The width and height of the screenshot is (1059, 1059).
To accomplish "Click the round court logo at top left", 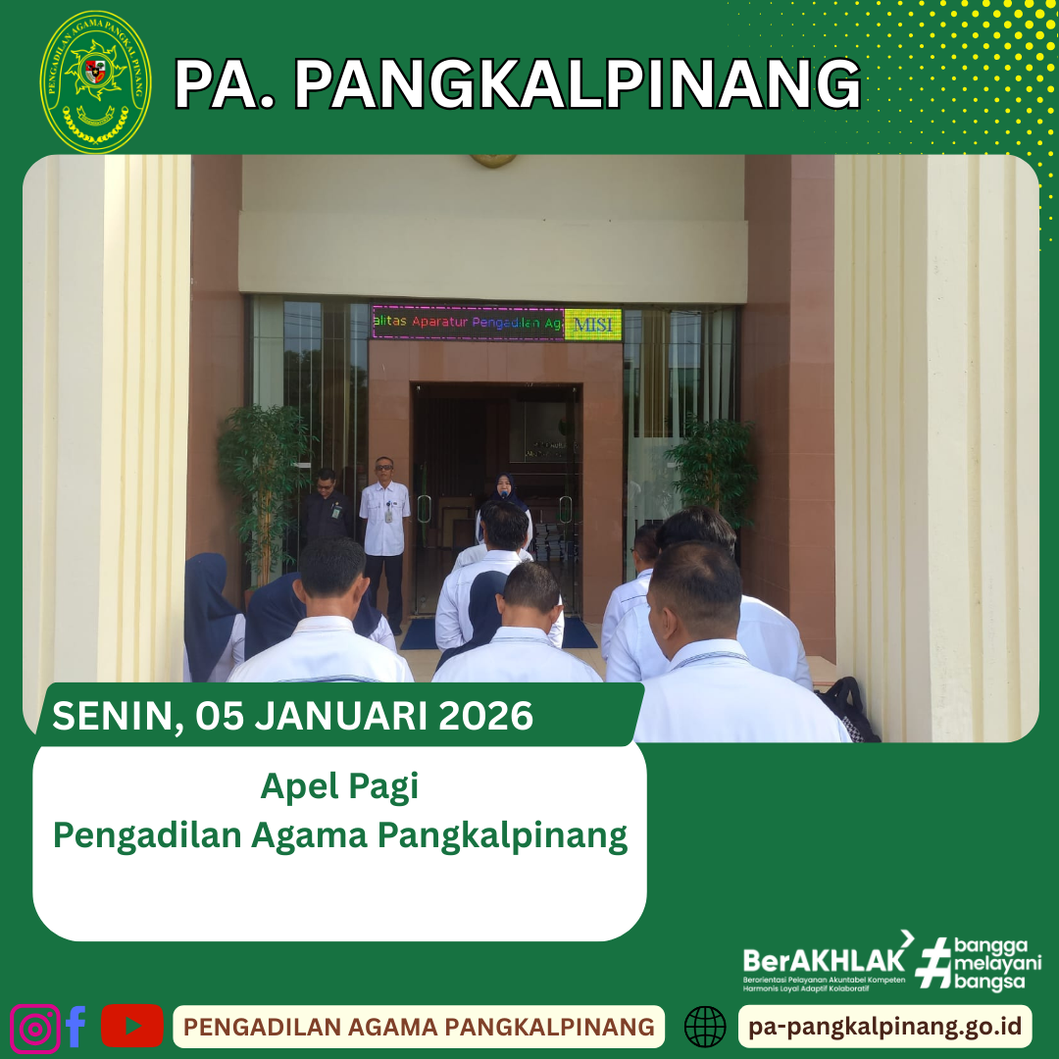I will click(95, 81).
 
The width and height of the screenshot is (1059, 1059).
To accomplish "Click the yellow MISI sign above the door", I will click(592, 325).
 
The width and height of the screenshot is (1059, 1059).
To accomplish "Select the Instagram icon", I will click(34, 1027).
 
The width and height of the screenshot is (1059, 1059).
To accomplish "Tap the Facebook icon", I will click(76, 1027).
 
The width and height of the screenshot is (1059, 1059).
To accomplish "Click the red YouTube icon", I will click(131, 1026).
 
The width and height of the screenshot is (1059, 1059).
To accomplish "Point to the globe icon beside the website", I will click(704, 1027).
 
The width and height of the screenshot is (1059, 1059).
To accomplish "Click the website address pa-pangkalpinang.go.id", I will click(884, 1027).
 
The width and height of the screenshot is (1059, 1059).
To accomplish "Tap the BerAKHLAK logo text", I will click(824, 958).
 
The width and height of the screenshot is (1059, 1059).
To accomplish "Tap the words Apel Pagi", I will click(339, 786).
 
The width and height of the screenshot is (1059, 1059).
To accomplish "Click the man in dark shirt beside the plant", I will click(326, 510).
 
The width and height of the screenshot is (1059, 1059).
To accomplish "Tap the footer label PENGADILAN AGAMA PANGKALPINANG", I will click(419, 1027).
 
